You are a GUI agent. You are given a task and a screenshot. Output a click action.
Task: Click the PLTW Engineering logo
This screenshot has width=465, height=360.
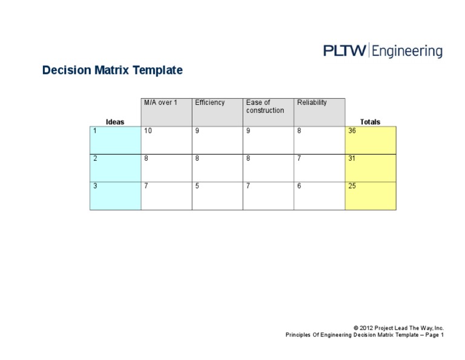pyautogui.click(x=383, y=51)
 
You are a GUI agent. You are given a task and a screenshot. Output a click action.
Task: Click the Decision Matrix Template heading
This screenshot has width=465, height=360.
pyautogui.click(x=112, y=70)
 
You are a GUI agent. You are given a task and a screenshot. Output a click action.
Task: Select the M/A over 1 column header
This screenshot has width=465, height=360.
pyautogui.click(x=167, y=112)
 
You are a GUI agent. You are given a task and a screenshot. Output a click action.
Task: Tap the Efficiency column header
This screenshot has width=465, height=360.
pyautogui.click(x=217, y=112)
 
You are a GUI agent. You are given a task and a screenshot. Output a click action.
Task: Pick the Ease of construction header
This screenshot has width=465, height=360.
pyautogui.click(x=268, y=112)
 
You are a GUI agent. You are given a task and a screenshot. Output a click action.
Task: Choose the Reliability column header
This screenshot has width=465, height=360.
pyautogui.click(x=320, y=112)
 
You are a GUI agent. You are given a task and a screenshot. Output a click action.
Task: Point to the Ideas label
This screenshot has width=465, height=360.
pyautogui.click(x=115, y=122)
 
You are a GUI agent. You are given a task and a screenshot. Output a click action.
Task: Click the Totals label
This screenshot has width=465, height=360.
pyautogui.click(x=370, y=122)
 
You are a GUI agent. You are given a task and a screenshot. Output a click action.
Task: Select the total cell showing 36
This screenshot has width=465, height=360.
pyautogui.click(x=371, y=140)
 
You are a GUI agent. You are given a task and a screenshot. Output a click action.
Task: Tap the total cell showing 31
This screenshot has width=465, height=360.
pyautogui.click(x=371, y=168)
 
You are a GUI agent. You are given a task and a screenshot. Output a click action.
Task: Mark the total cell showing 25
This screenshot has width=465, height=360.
pyautogui.click(x=371, y=196)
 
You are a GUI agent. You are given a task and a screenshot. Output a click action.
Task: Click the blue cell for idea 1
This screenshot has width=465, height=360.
pyautogui.click(x=115, y=140)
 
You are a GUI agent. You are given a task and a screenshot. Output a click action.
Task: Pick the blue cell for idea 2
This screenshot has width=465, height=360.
pyautogui.click(x=115, y=168)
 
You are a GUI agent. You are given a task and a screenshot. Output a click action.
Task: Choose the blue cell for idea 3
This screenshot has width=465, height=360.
pyautogui.click(x=115, y=196)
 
